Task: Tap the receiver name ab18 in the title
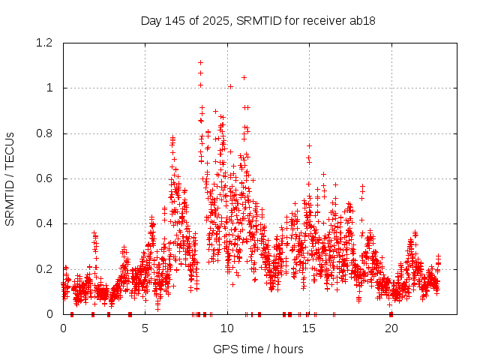(360, 20)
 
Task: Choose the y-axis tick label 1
(52, 88)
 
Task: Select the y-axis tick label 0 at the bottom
(52, 313)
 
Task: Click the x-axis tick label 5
(145, 329)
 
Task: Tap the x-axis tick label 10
(227, 329)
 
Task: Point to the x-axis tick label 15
(309, 329)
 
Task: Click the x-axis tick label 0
(63, 329)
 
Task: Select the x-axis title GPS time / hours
(258, 349)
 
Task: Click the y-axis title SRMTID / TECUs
(10, 178)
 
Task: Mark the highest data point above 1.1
(200, 62)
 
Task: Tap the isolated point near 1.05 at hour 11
(244, 76)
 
